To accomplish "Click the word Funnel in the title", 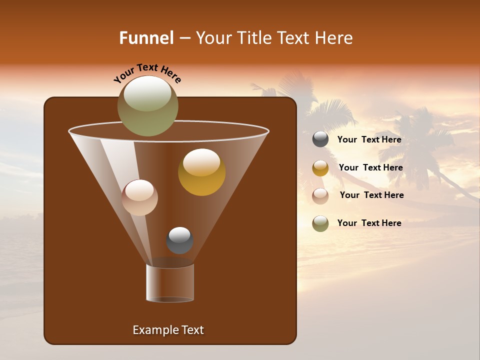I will coord(146,38).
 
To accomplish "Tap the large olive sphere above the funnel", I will coord(148,106).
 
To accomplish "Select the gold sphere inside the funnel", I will coord(201,172).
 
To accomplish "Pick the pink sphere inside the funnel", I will coord(139,197).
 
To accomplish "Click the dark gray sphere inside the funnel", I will coord(179,240).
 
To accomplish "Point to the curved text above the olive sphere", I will coord(147,73).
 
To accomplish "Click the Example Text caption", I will coord(168,330).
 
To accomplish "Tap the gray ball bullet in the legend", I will coord(320,139).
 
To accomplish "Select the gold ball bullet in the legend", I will coord(320,168).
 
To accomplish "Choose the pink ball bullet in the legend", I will coord(320,196).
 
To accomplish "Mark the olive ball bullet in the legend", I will coord(320,223).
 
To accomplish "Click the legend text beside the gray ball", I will coord(369,140).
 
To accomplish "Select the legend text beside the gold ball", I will coord(370,168).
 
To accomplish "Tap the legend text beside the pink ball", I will coord(371,195).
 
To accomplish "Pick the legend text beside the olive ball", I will coord(369,223).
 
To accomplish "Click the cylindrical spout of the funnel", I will coord(170,283).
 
